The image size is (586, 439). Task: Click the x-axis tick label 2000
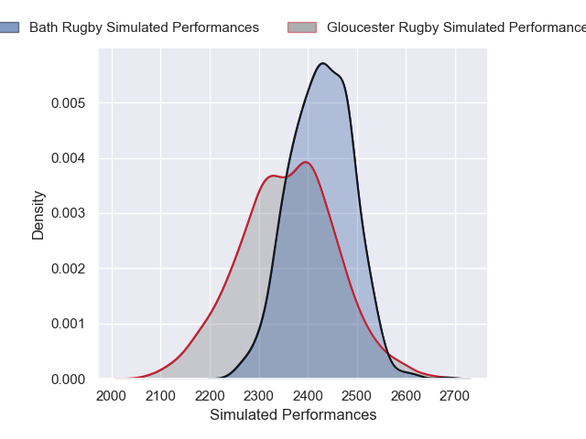click(x=111, y=396)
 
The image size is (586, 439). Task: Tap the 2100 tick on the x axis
click(x=160, y=396)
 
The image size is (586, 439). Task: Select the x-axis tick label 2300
click(x=259, y=396)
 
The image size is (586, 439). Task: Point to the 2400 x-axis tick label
click(x=309, y=396)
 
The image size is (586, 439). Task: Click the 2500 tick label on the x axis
click(x=358, y=396)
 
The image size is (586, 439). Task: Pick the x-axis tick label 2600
click(x=407, y=396)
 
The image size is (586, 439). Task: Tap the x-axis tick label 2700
click(x=457, y=396)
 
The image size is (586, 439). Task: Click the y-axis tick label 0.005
click(x=70, y=103)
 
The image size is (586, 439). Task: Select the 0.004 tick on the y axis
click(x=70, y=158)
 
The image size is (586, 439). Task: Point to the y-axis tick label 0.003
click(x=70, y=214)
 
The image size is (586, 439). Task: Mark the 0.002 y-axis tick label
click(x=70, y=269)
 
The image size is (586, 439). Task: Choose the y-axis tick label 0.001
click(x=70, y=324)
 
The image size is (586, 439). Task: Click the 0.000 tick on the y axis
click(x=70, y=379)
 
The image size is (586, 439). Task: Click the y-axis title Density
click(x=38, y=215)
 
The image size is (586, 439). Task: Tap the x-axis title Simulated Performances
click(x=293, y=415)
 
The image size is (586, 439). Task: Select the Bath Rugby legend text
click(x=144, y=27)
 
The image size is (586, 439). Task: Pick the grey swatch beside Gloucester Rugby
click(x=302, y=27)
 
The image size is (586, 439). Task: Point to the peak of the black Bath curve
click(x=322, y=63)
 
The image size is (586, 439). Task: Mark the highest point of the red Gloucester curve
click(x=307, y=163)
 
